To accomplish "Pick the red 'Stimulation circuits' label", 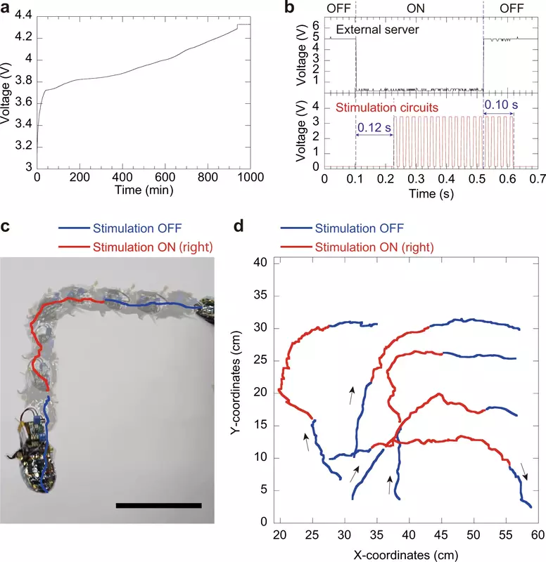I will point(387,108).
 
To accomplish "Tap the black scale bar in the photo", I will point(158,504).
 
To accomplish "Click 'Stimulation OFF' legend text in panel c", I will point(133,228).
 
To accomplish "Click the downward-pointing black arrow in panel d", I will point(523,469).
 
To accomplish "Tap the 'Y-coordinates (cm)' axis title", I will point(236,391).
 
